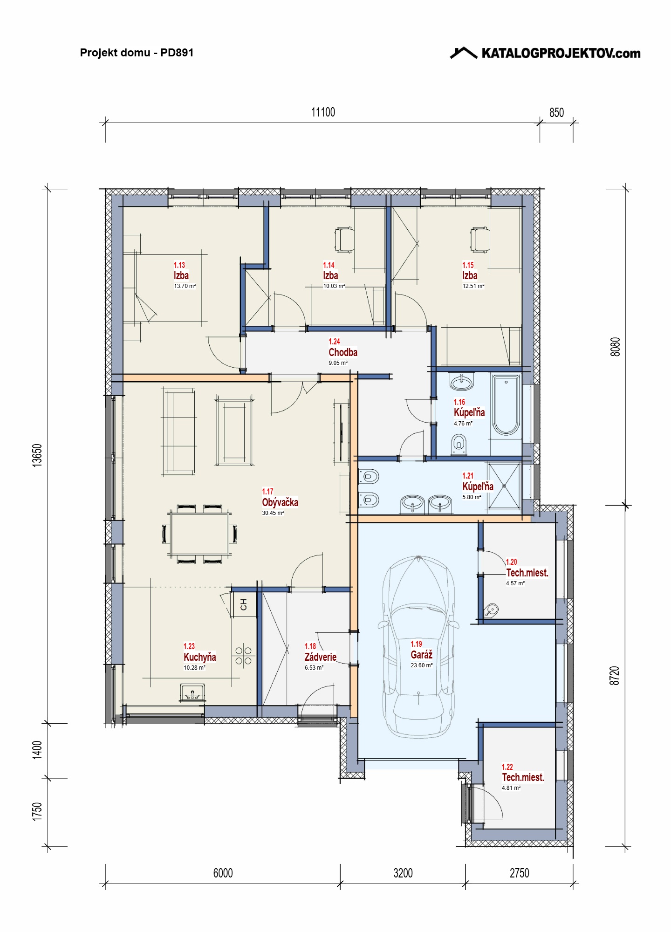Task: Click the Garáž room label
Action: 421,655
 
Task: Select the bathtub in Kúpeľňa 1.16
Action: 506,405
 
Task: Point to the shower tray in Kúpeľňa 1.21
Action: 504,486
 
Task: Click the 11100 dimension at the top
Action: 323,112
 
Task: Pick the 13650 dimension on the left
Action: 37,455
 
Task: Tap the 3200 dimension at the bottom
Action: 403,873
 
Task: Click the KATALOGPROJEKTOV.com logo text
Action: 561,53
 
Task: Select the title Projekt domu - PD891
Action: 137,53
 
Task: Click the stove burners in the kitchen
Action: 243,656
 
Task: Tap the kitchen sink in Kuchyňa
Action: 192,692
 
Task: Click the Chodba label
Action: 343,352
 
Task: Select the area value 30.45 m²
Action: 273,513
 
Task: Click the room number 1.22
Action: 507,767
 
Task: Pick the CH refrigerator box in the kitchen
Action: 244,605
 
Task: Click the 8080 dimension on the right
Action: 615,347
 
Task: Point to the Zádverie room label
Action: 321,657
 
